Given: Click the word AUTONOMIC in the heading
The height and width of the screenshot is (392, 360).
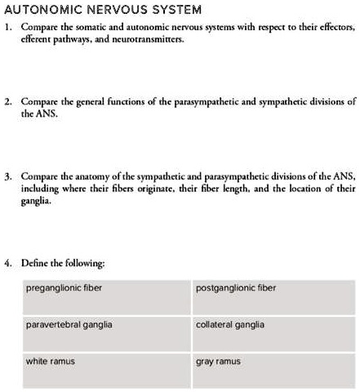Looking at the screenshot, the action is point(38,10).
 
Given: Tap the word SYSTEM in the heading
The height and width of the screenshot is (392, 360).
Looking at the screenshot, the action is point(173,10).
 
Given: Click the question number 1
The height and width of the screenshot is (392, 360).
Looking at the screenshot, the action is point(7,27).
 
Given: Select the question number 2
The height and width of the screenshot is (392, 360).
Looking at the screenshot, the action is point(7,103).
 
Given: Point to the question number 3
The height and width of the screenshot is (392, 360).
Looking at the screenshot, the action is point(7,176).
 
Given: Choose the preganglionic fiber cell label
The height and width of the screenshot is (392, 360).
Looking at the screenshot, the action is point(64,287).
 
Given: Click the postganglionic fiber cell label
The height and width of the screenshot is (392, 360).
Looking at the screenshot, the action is point(235,287).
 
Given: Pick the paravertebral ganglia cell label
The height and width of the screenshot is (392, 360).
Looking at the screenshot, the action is point(69,324).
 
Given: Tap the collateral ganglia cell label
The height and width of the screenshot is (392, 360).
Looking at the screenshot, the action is point(230,324).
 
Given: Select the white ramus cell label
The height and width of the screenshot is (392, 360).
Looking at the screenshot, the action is point(51,360).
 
